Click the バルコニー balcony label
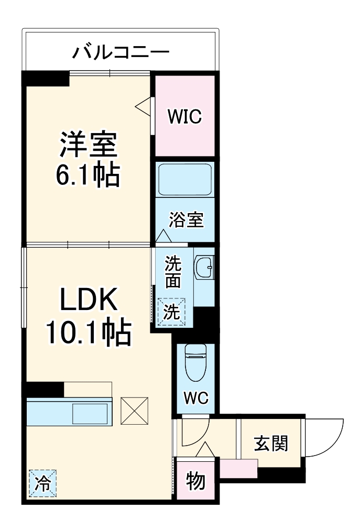(121, 53)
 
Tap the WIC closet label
(184, 117)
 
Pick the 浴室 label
(186, 220)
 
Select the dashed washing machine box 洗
(172, 312)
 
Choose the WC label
(195, 398)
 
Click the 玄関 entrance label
(270, 444)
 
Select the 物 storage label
(195, 481)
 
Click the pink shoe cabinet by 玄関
(238, 468)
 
